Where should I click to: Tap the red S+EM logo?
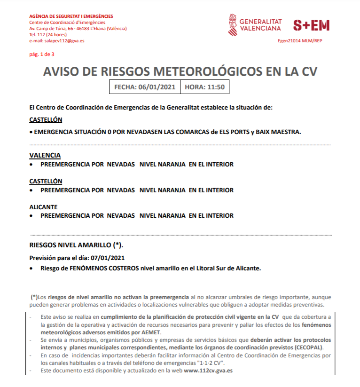[311, 25]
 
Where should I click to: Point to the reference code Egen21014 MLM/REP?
[300, 41]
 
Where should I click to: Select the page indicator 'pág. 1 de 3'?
[42, 54]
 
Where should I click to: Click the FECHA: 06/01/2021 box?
[144, 87]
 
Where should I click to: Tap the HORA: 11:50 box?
[204, 87]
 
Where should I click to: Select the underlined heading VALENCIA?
[45, 155]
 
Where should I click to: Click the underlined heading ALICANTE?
[43, 207]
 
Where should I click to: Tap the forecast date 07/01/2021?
[109, 258]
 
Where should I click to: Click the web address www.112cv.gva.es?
[208, 370]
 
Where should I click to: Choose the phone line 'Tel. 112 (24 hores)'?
[48, 35]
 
